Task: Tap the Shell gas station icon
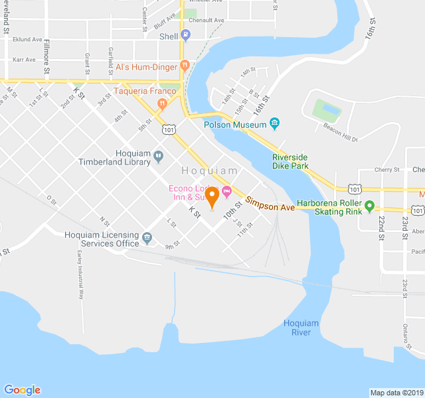click(x=185, y=36)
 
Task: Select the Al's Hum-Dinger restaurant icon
click(x=185, y=66)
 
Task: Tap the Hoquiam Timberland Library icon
click(x=158, y=157)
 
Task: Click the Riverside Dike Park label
click(x=290, y=161)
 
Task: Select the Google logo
click(x=22, y=390)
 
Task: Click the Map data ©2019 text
click(x=396, y=392)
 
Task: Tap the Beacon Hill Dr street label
click(x=340, y=133)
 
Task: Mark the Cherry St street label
click(x=386, y=170)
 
